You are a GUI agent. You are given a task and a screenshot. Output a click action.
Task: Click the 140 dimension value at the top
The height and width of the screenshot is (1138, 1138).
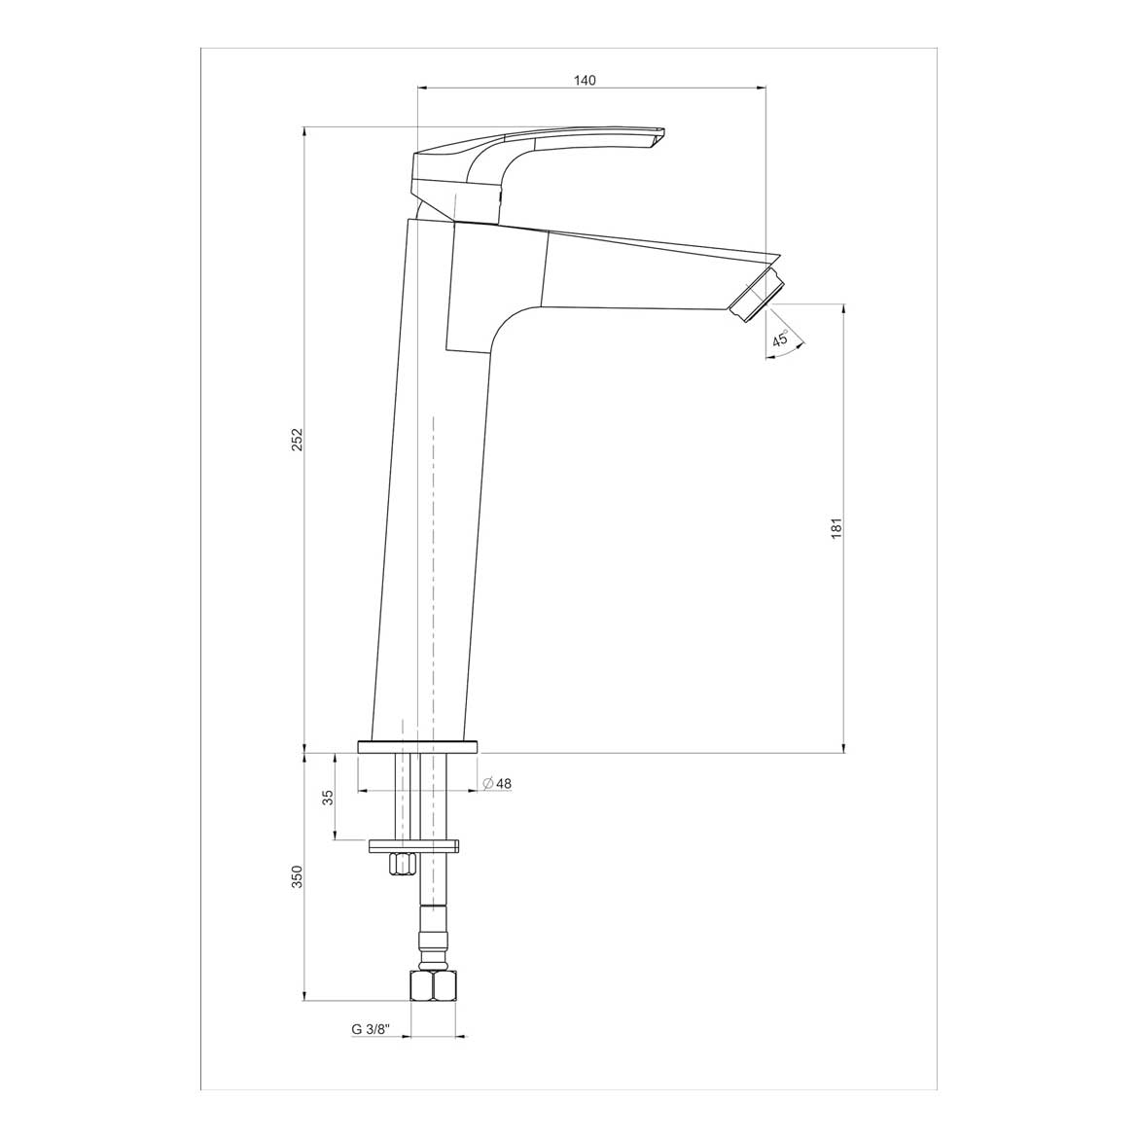[584, 81]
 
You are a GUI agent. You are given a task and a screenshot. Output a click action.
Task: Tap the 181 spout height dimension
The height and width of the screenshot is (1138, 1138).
[836, 528]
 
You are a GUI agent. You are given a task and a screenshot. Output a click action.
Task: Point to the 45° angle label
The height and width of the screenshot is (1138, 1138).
[780, 339]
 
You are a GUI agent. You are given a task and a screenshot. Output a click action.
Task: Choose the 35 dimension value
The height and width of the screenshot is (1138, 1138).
[328, 797]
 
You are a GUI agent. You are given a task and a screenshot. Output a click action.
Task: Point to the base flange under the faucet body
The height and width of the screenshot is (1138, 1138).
[418, 746]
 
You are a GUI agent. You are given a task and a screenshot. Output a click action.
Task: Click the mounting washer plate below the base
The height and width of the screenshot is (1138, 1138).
[413, 845]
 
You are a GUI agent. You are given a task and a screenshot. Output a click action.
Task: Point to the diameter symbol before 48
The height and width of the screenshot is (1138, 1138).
[486, 784]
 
